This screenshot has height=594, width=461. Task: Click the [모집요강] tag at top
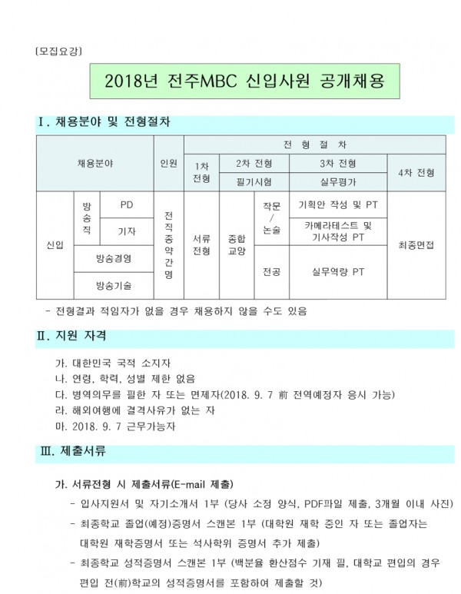point(58,51)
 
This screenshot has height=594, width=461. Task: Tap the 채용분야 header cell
point(95,163)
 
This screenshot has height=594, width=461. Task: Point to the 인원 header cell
point(168,163)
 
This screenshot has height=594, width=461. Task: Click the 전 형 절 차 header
point(314,144)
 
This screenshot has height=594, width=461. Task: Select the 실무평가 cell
point(338,182)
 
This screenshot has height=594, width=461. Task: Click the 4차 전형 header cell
point(416,172)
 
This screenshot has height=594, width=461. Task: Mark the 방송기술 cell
point(113,285)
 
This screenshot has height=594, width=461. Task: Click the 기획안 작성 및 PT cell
point(338,204)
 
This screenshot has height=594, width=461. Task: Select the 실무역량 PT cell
point(338,271)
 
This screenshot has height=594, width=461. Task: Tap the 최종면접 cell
point(416,244)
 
